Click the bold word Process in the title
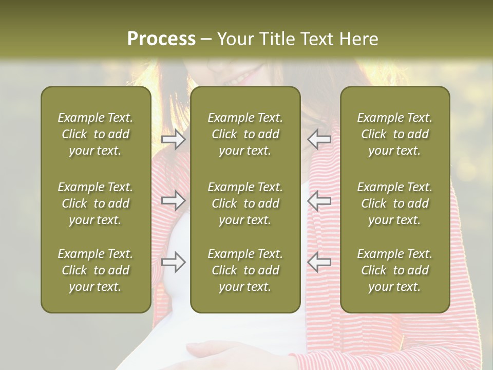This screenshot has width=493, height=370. (161, 39)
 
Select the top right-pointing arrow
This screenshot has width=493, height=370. (173, 139)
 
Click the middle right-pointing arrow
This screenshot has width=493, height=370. (173, 201)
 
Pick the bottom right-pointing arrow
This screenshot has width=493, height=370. (173, 262)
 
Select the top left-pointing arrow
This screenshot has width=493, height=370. (319, 139)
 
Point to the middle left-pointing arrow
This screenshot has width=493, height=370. (319, 201)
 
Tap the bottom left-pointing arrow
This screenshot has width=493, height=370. (319, 262)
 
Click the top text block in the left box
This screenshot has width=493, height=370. (96, 134)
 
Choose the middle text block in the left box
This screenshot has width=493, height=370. (96, 203)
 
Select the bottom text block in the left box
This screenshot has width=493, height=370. (96, 270)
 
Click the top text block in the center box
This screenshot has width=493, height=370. (245, 134)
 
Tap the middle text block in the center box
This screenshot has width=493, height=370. (245, 203)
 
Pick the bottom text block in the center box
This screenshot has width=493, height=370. (245, 270)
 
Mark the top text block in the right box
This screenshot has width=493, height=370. (395, 134)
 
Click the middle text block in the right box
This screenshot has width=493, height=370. (395, 203)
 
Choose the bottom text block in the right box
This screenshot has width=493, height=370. (395, 270)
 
